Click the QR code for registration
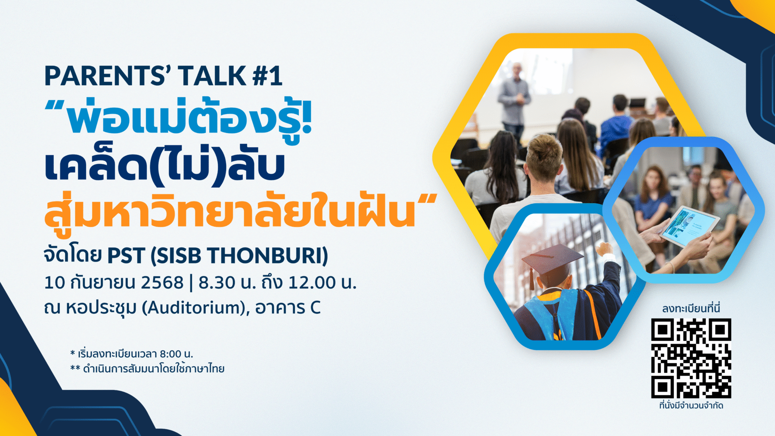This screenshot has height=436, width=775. pyautogui.click(x=691, y=359)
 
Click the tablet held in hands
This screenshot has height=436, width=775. pyautogui.click(x=690, y=226)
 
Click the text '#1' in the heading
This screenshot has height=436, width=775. pyautogui.click(x=267, y=76)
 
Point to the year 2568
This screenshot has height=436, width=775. pyautogui.click(x=162, y=283)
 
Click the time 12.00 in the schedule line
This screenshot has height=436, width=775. pyautogui.click(x=312, y=283)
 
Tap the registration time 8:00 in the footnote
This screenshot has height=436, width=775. pyautogui.click(x=170, y=354)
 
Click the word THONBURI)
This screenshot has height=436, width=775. pyautogui.click(x=267, y=256)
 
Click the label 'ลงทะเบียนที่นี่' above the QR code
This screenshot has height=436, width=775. pyautogui.click(x=691, y=308)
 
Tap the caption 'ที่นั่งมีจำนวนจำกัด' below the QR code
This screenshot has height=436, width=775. pyautogui.click(x=691, y=405)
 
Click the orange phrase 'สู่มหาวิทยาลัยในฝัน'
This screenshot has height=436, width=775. pyautogui.click(x=230, y=209)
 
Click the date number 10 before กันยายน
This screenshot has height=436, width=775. pyautogui.click(x=55, y=283)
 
